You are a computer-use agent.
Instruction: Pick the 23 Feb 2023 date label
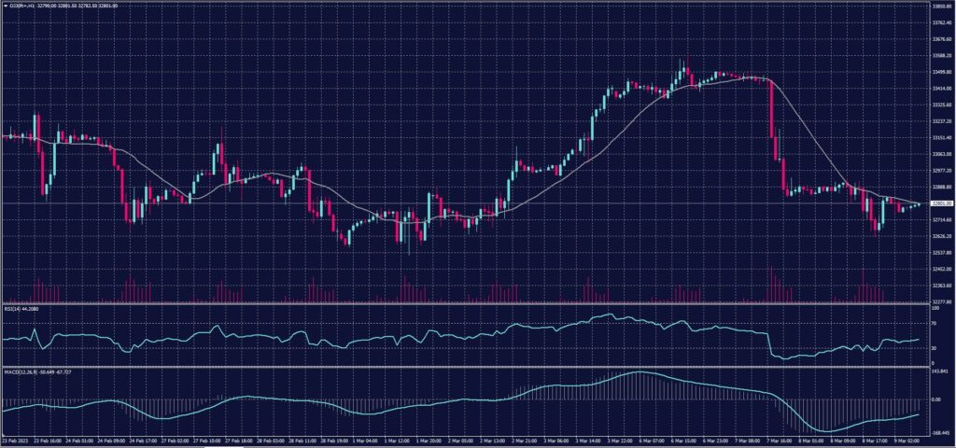[x=16, y=441]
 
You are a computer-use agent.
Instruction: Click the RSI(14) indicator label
[x=22, y=308]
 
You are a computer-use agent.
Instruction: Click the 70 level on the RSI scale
[x=930, y=323]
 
